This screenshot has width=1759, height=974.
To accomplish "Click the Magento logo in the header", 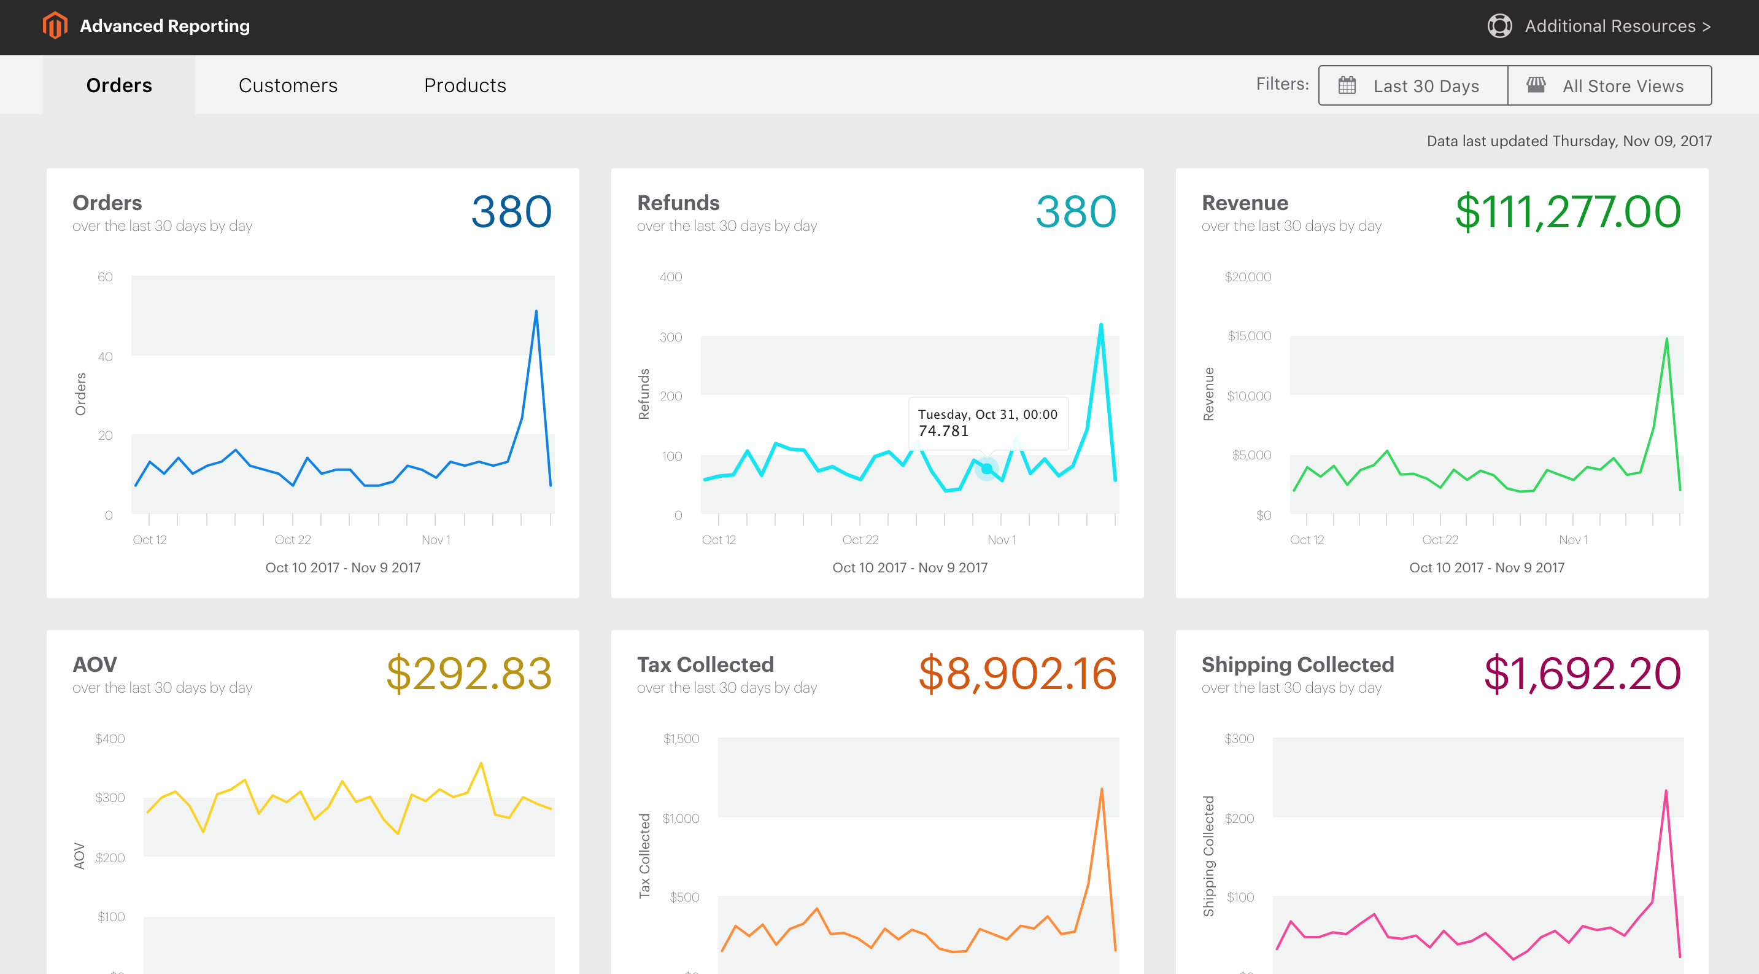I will click(x=55, y=26).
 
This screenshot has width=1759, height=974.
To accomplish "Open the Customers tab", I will click(x=287, y=85).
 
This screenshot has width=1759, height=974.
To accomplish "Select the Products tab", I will click(x=465, y=85).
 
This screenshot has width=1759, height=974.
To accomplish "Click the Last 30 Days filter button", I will click(x=1412, y=85).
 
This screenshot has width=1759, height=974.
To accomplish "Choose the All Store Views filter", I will click(x=1609, y=85).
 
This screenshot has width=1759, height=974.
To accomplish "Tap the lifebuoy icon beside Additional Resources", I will click(x=1499, y=26).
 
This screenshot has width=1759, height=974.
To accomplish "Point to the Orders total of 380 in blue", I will click(x=511, y=212).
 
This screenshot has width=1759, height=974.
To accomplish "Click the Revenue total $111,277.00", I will click(x=1567, y=212).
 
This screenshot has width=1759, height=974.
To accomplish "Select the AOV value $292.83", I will click(x=468, y=674).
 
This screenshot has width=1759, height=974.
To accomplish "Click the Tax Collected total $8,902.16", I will click(x=1017, y=674).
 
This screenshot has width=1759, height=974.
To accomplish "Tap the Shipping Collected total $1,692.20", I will click(x=1582, y=674).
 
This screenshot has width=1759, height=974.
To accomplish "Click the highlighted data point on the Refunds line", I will click(x=987, y=469).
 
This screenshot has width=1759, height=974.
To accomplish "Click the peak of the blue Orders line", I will click(x=536, y=311).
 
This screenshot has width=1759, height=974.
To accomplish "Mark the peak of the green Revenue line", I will click(x=1666, y=339).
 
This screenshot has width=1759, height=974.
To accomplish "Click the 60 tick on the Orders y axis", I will click(x=105, y=276).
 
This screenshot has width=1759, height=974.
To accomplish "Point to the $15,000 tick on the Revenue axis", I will click(x=1249, y=336).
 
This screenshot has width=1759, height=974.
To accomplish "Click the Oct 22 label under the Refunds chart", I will click(x=860, y=540).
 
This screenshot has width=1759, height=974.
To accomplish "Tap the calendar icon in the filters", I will click(x=1347, y=85).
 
